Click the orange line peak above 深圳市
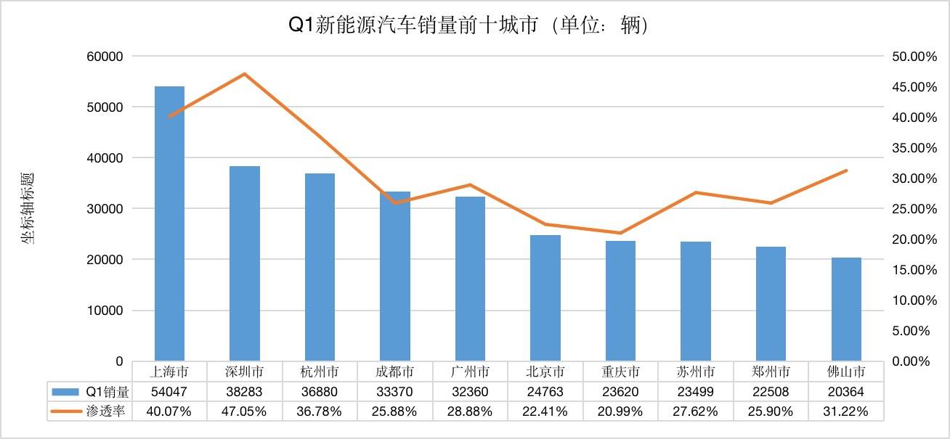[x=245, y=74]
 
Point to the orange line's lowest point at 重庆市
[x=620, y=233]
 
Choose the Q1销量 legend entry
[x=90, y=392]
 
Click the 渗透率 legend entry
[x=90, y=411]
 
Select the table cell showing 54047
[x=169, y=392]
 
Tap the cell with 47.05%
[x=245, y=411]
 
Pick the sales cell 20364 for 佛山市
[x=846, y=392]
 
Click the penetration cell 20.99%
[x=620, y=411]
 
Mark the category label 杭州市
[x=320, y=372]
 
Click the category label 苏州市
[x=696, y=372]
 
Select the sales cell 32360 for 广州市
[x=470, y=392]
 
